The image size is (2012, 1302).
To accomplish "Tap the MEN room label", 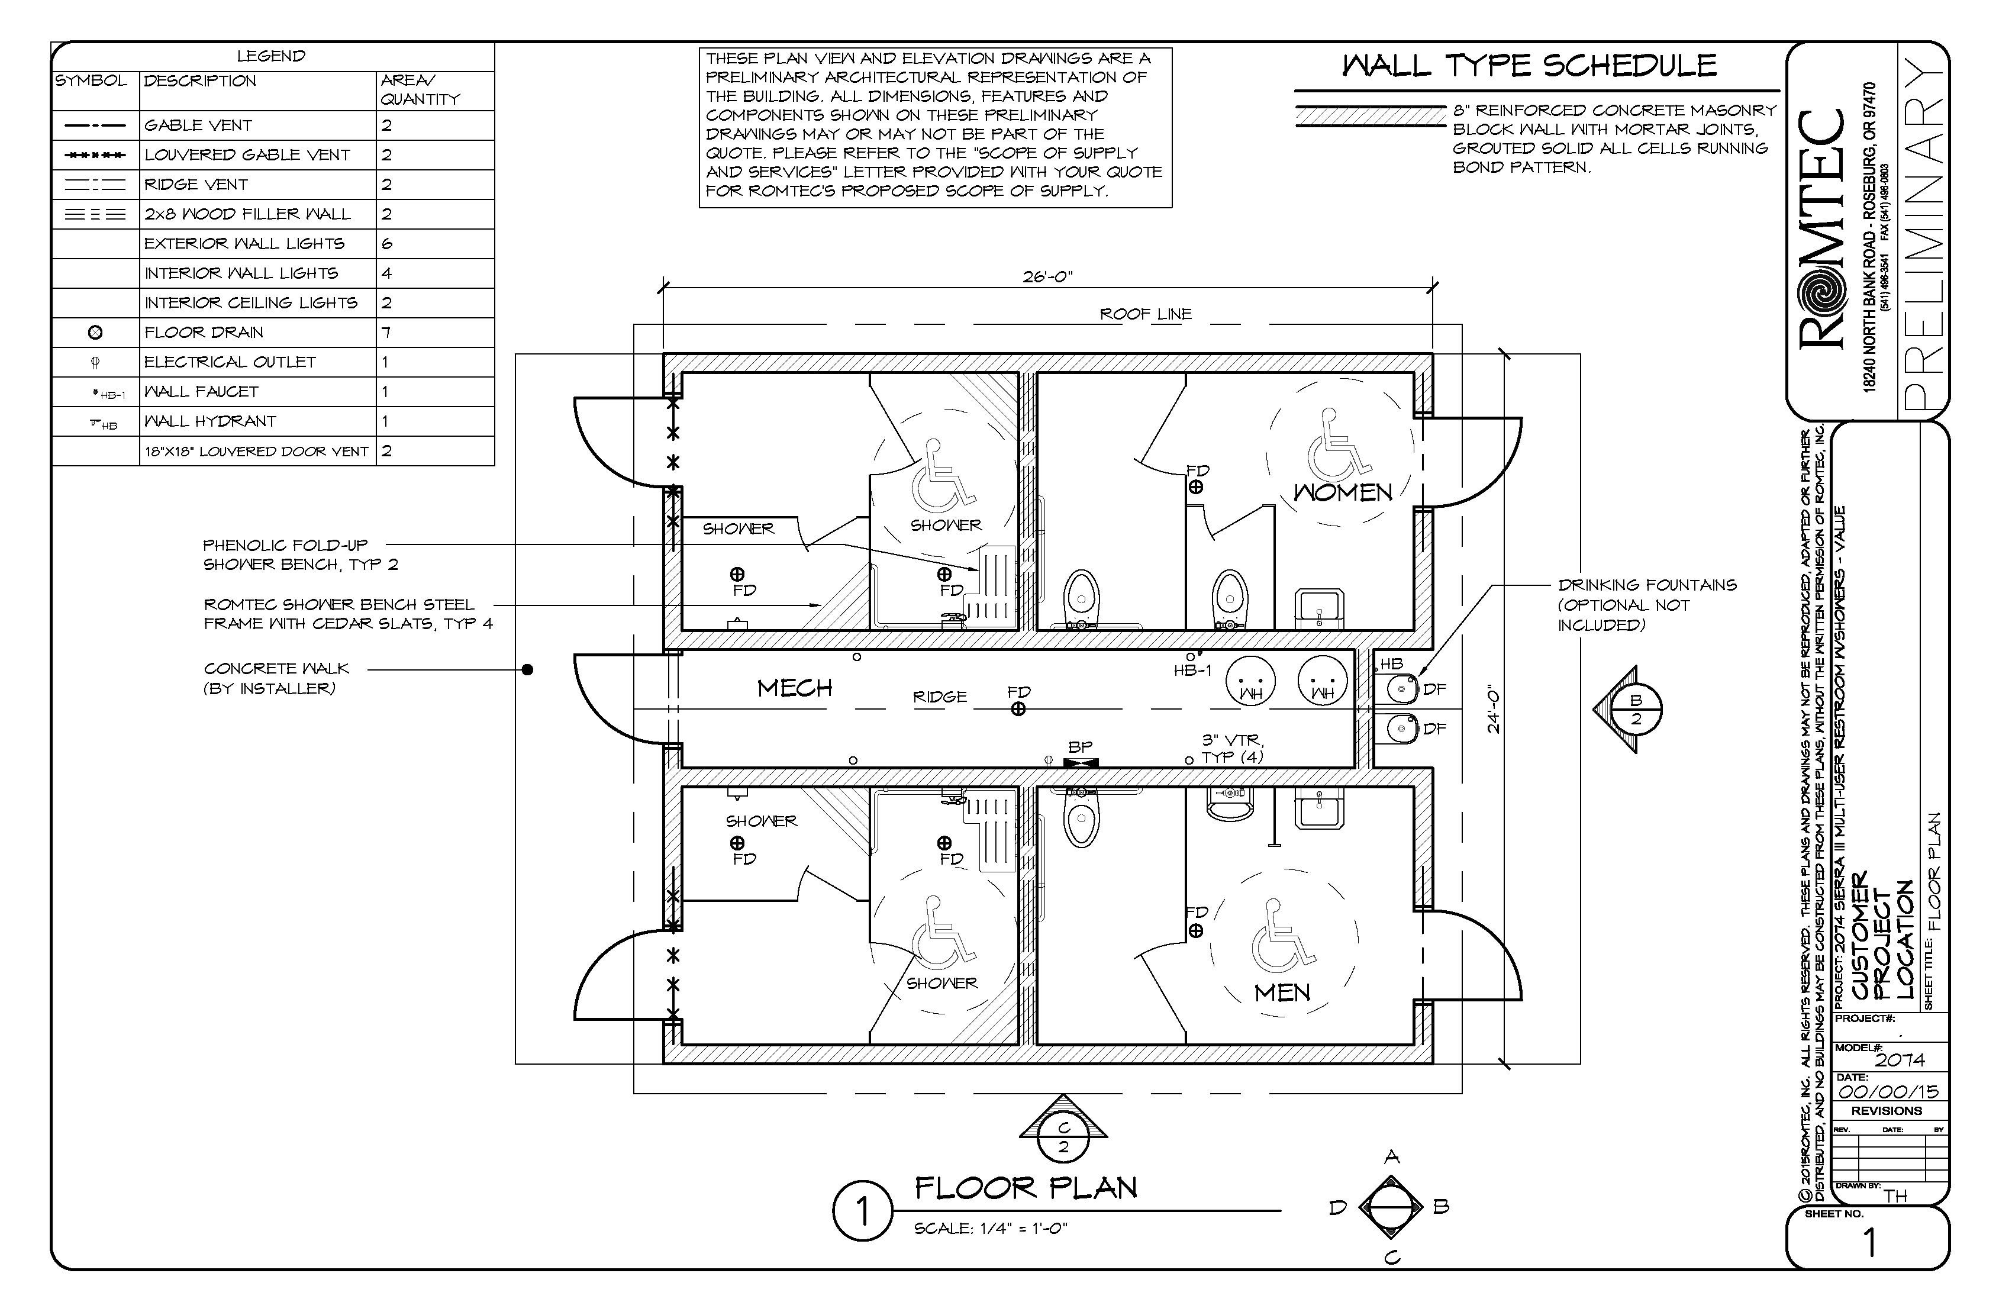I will pos(1282,992).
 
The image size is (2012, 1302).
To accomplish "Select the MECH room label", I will pos(795,688).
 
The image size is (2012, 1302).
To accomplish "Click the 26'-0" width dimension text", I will pos(1047,278).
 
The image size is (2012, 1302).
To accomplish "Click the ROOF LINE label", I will pos(1146,314).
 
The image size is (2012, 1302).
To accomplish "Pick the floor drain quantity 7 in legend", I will pos(386,332).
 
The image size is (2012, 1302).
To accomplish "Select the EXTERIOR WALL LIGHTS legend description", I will pos(244,243).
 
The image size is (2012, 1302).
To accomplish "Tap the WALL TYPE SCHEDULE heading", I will pos(1530,66).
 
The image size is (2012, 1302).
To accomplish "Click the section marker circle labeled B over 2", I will pos(1636,710).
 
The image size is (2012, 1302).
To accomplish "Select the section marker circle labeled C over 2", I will pos(1063,1137).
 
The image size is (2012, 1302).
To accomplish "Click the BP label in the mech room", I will pos(1081,747).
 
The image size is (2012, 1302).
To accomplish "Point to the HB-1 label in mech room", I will pos(1192,671).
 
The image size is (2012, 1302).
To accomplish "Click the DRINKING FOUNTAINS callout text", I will pos(1647,585).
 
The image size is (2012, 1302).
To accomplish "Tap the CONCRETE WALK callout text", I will pos(276,669).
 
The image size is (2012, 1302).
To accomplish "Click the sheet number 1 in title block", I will pos(1870,1243).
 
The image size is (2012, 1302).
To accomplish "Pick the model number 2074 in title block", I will pos(1900,1060).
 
